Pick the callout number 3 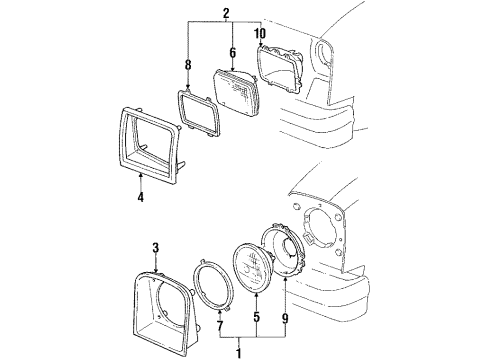point(155,247)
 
